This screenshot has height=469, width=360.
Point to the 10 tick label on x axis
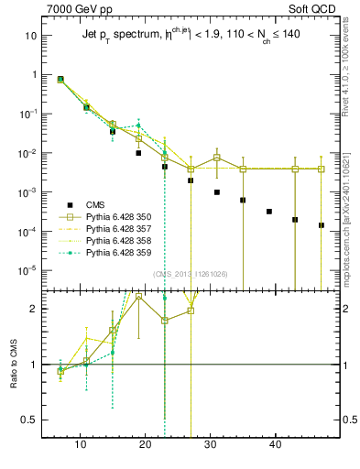tap(81, 444)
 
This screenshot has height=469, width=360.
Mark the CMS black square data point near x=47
tap(322, 225)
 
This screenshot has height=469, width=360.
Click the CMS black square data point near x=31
tap(217, 192)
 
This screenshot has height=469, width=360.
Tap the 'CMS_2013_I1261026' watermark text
tap(191, 274)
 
